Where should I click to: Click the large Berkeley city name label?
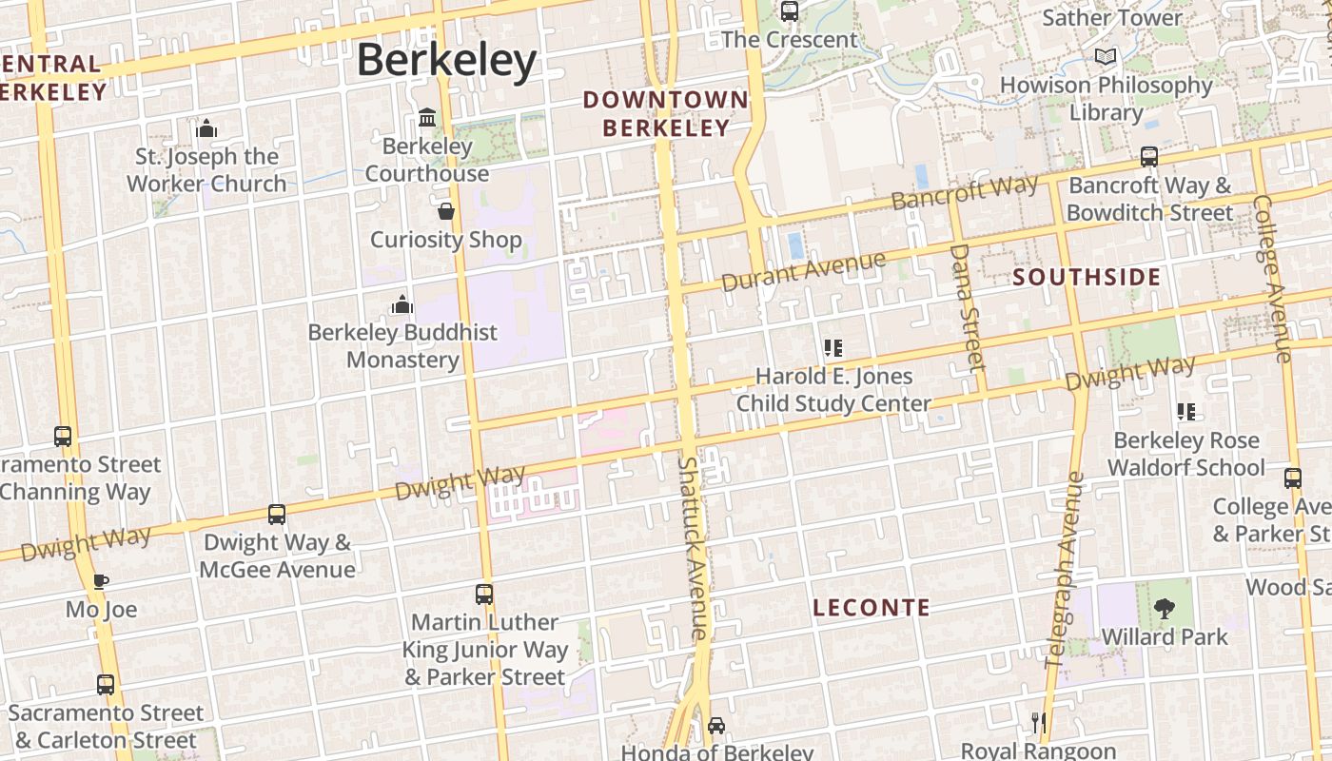(446, 60)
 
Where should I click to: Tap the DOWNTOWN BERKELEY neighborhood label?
(665, 113)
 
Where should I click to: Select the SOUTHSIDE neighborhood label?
(1087, 278)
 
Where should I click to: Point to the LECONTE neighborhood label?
(872, 608)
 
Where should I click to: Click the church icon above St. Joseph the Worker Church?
(206, 129)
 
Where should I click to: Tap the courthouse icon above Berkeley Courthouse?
(427, 118)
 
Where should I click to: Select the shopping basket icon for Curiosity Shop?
(445, 211)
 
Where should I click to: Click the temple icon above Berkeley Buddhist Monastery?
(402, 304)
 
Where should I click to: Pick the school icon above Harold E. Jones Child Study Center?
(833, 348)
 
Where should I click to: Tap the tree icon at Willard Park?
(1164, 609)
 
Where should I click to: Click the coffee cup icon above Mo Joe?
(101, 581)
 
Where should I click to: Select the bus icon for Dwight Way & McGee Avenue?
(277, 515)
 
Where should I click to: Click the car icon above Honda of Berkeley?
(716, 726)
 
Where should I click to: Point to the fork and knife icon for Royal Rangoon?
(1038, 723)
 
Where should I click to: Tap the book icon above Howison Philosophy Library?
(1105, 57)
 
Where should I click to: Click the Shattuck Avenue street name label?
(693, 547)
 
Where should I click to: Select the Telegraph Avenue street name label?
(1065, 570)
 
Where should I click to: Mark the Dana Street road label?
(967, 306)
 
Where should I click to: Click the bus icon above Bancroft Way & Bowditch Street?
(1149, 157)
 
